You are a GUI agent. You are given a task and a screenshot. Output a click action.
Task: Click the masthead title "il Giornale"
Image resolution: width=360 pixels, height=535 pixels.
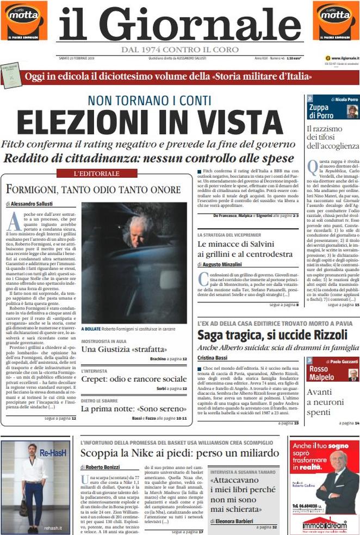pos(179,24)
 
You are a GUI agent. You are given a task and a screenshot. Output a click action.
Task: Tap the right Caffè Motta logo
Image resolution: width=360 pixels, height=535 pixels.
pos(336,20)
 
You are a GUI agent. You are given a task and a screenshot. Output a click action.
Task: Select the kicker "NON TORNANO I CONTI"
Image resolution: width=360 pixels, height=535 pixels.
pos(149,100)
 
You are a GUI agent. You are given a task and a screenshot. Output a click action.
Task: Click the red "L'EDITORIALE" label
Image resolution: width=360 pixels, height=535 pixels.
pos(96,173)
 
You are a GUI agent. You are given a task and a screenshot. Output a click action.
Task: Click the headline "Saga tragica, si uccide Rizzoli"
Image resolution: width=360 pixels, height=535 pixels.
pos(272,334)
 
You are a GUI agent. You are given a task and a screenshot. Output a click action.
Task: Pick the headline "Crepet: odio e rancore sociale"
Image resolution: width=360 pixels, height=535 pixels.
pos(134,379)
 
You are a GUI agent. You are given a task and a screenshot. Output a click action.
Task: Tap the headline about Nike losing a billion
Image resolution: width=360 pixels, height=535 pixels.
pos(179,453)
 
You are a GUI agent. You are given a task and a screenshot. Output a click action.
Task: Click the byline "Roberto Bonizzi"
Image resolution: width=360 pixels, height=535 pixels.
pos(103,467)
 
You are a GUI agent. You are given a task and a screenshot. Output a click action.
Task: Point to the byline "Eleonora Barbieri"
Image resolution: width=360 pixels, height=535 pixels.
pos(235,521)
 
